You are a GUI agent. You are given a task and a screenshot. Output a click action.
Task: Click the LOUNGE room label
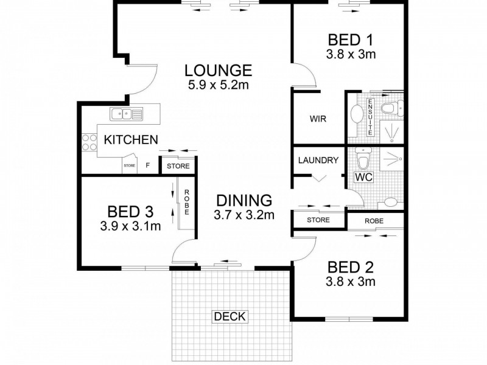(x=218, y=71)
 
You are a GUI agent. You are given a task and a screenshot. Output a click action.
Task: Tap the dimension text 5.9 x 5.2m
(x=219, y=85)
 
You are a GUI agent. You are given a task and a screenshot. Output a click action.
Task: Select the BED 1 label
(x=351, y=40)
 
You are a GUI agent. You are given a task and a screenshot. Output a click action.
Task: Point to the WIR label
(x=318, y=119)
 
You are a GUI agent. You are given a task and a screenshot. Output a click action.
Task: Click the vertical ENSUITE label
(x=370, y=117)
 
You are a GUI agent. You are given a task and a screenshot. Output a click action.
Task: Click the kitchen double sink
(x=126, y=114)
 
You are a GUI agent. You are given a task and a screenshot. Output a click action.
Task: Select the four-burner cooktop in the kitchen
(x=89, y=142)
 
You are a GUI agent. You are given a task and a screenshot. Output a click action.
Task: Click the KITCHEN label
(x=131, y=140)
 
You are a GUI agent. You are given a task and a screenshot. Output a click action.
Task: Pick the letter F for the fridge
(x=148, y=165)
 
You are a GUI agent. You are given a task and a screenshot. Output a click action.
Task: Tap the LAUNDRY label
(x=318, y=160)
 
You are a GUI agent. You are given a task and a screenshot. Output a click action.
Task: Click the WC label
(x=363, y=177)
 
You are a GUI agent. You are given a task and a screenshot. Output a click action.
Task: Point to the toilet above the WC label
(x=363, y=158)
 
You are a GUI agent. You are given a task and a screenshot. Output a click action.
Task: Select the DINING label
(x=244, y=201)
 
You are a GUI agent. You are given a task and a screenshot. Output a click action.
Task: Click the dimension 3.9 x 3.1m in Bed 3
(x=130, y=226)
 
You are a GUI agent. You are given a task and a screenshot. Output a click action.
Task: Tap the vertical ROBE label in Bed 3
(x=187, y=202)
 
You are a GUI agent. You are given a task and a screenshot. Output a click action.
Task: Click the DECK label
(x=230, y=316)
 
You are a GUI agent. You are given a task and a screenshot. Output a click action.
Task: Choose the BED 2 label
(x=351, y=267)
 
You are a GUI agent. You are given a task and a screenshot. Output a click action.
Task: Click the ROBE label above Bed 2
(x=374, y=221)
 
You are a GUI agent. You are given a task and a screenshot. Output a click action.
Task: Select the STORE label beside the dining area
(x=318, y=220)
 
